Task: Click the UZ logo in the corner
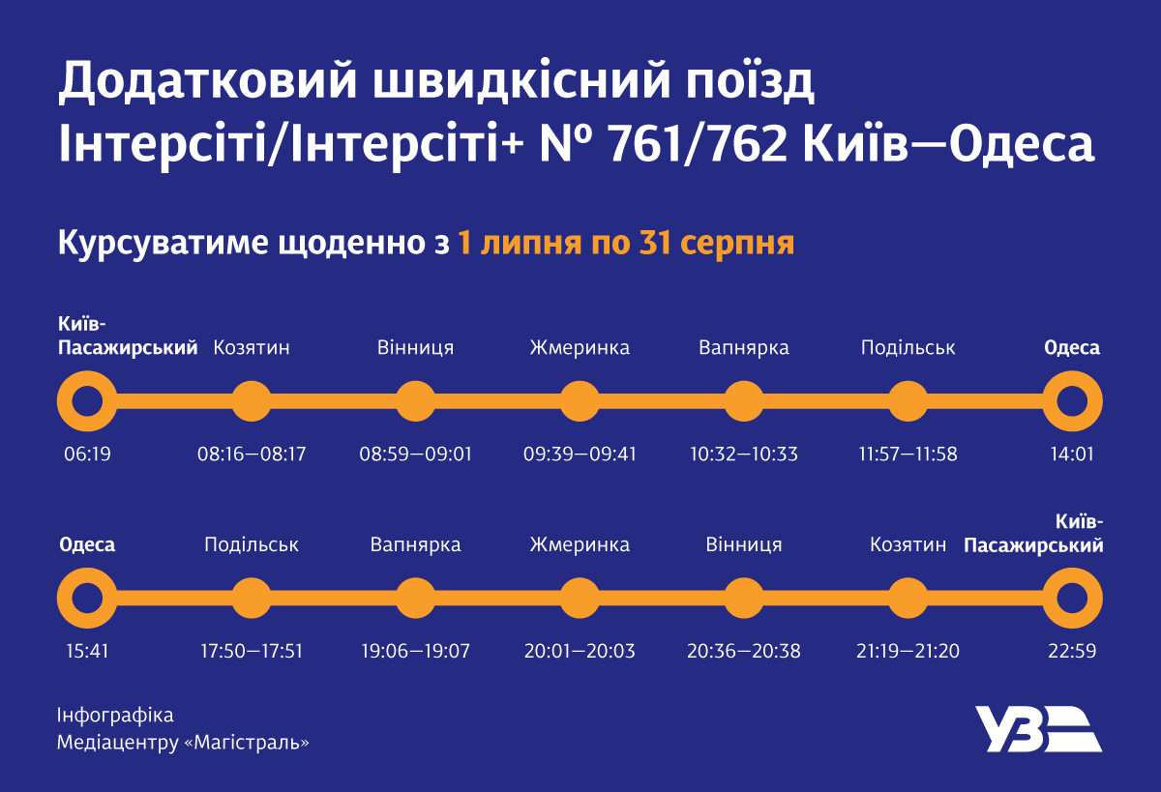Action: click(1036, 729)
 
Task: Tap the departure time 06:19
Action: click(87, 454)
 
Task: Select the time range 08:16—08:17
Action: click(252, 454)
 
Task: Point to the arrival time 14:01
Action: click(1072, 454)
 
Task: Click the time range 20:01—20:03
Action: click(580, 651)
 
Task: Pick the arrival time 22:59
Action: click(1072, 651)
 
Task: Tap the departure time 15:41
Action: click(87, 651)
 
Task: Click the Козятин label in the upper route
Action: click(252, 348)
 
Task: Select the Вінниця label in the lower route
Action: click(744, 545)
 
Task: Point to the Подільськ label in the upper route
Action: click(908, 348)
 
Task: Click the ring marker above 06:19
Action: click(87, 400)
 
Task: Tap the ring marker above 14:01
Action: click(1072, 400)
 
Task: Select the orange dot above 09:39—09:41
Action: click(580, 400)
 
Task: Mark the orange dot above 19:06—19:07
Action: click(415, 598)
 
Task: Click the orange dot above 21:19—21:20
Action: click(908, 598)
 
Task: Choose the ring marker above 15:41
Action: click(87, 598)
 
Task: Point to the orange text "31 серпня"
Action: click(717, 243)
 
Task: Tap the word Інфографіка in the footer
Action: click(115, 716)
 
